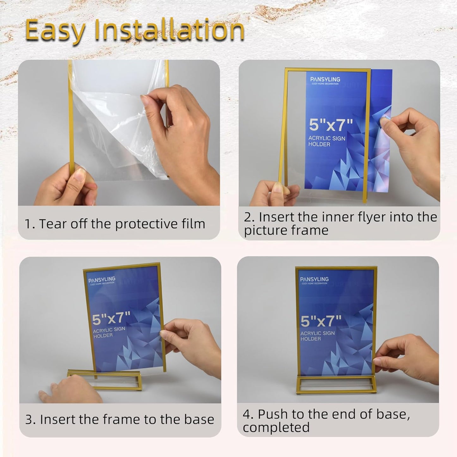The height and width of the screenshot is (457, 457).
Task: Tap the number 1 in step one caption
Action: click(x=29, y=224)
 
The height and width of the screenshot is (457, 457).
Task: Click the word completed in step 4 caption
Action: click(x=276, y=428)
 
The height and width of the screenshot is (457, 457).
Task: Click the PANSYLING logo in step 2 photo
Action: click(x=325, y=80)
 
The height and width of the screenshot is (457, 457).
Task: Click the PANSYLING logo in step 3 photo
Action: click(x=102, y=280)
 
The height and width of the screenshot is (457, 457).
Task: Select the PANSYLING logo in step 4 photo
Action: click(x=314, y=280)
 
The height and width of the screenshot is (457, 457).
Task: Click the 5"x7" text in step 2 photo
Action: click(x=331, y=125)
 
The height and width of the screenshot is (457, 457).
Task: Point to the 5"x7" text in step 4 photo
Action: click(x=321, y=321)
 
